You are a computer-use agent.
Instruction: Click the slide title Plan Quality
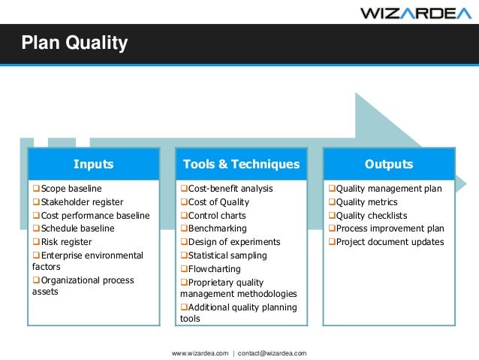point(74,44)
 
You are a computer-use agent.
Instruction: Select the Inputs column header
point(93,164)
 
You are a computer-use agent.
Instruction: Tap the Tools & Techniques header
point(241,164)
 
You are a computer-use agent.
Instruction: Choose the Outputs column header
point(388,164)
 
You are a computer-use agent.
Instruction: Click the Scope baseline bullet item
point(71,189)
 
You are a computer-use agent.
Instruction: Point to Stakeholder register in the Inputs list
point(82,202)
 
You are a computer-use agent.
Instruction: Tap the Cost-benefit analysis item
point(230,189)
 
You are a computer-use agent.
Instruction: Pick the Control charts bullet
point(218,216)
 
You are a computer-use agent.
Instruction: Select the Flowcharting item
point(214,268)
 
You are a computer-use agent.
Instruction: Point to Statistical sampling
point(226,256)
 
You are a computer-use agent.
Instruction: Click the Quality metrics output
point(366,202)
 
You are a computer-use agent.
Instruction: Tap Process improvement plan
point(390,228)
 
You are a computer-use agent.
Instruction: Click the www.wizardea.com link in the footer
point(200,352)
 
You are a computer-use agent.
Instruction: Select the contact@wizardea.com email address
point(272,352)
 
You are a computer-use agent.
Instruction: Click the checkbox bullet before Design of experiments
point(183,242)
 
